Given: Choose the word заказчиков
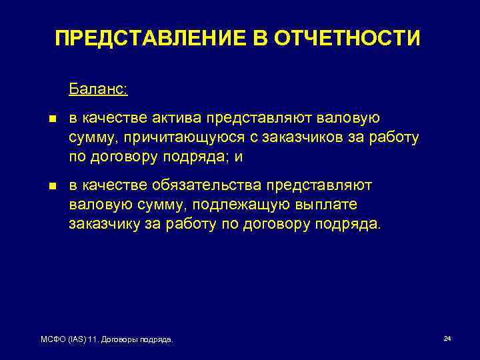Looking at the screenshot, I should click(x=284, y=137).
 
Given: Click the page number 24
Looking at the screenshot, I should click(x=447, y=339).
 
